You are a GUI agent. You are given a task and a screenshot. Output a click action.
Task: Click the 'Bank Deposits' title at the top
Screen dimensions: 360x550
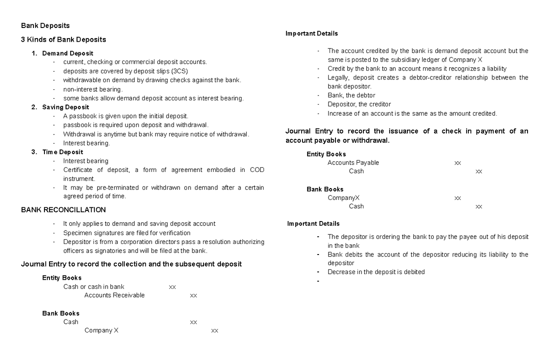click(45, 26)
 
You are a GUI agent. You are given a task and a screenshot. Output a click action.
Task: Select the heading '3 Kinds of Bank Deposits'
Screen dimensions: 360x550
click(64, 39)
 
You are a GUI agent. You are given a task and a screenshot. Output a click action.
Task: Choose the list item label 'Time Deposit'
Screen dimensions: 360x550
click(63, 152)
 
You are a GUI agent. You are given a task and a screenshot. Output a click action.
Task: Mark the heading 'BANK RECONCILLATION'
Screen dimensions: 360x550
click(63, 210)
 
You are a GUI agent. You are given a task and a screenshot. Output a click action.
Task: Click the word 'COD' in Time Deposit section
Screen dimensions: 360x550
click(257, 170)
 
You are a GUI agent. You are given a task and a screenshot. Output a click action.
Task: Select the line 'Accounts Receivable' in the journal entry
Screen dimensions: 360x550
click(114, 295)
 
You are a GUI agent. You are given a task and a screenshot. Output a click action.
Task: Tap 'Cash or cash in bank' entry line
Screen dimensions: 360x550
click(93, 287)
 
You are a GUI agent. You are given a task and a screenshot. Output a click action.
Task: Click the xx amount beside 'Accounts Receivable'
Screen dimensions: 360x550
click(193, 296)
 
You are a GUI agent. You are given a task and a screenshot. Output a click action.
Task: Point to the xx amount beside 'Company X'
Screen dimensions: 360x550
click(214, 331)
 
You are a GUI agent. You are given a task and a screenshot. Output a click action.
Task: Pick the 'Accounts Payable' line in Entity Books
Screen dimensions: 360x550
click(353, 163)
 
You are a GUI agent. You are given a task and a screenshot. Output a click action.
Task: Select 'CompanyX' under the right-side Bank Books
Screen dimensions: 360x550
click(343, 198)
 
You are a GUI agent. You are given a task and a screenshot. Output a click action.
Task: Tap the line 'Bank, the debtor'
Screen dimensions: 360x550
click(351, 95)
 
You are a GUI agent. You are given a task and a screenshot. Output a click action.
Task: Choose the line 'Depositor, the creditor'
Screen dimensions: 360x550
click(359, 104)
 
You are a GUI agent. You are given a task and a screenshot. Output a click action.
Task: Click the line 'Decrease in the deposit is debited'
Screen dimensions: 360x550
click(376, 272)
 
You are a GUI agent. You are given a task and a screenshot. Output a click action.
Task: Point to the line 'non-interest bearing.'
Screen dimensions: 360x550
click(93, 89)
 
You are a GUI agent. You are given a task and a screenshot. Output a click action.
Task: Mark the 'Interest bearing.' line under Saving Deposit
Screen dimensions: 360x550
click(87, 143)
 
